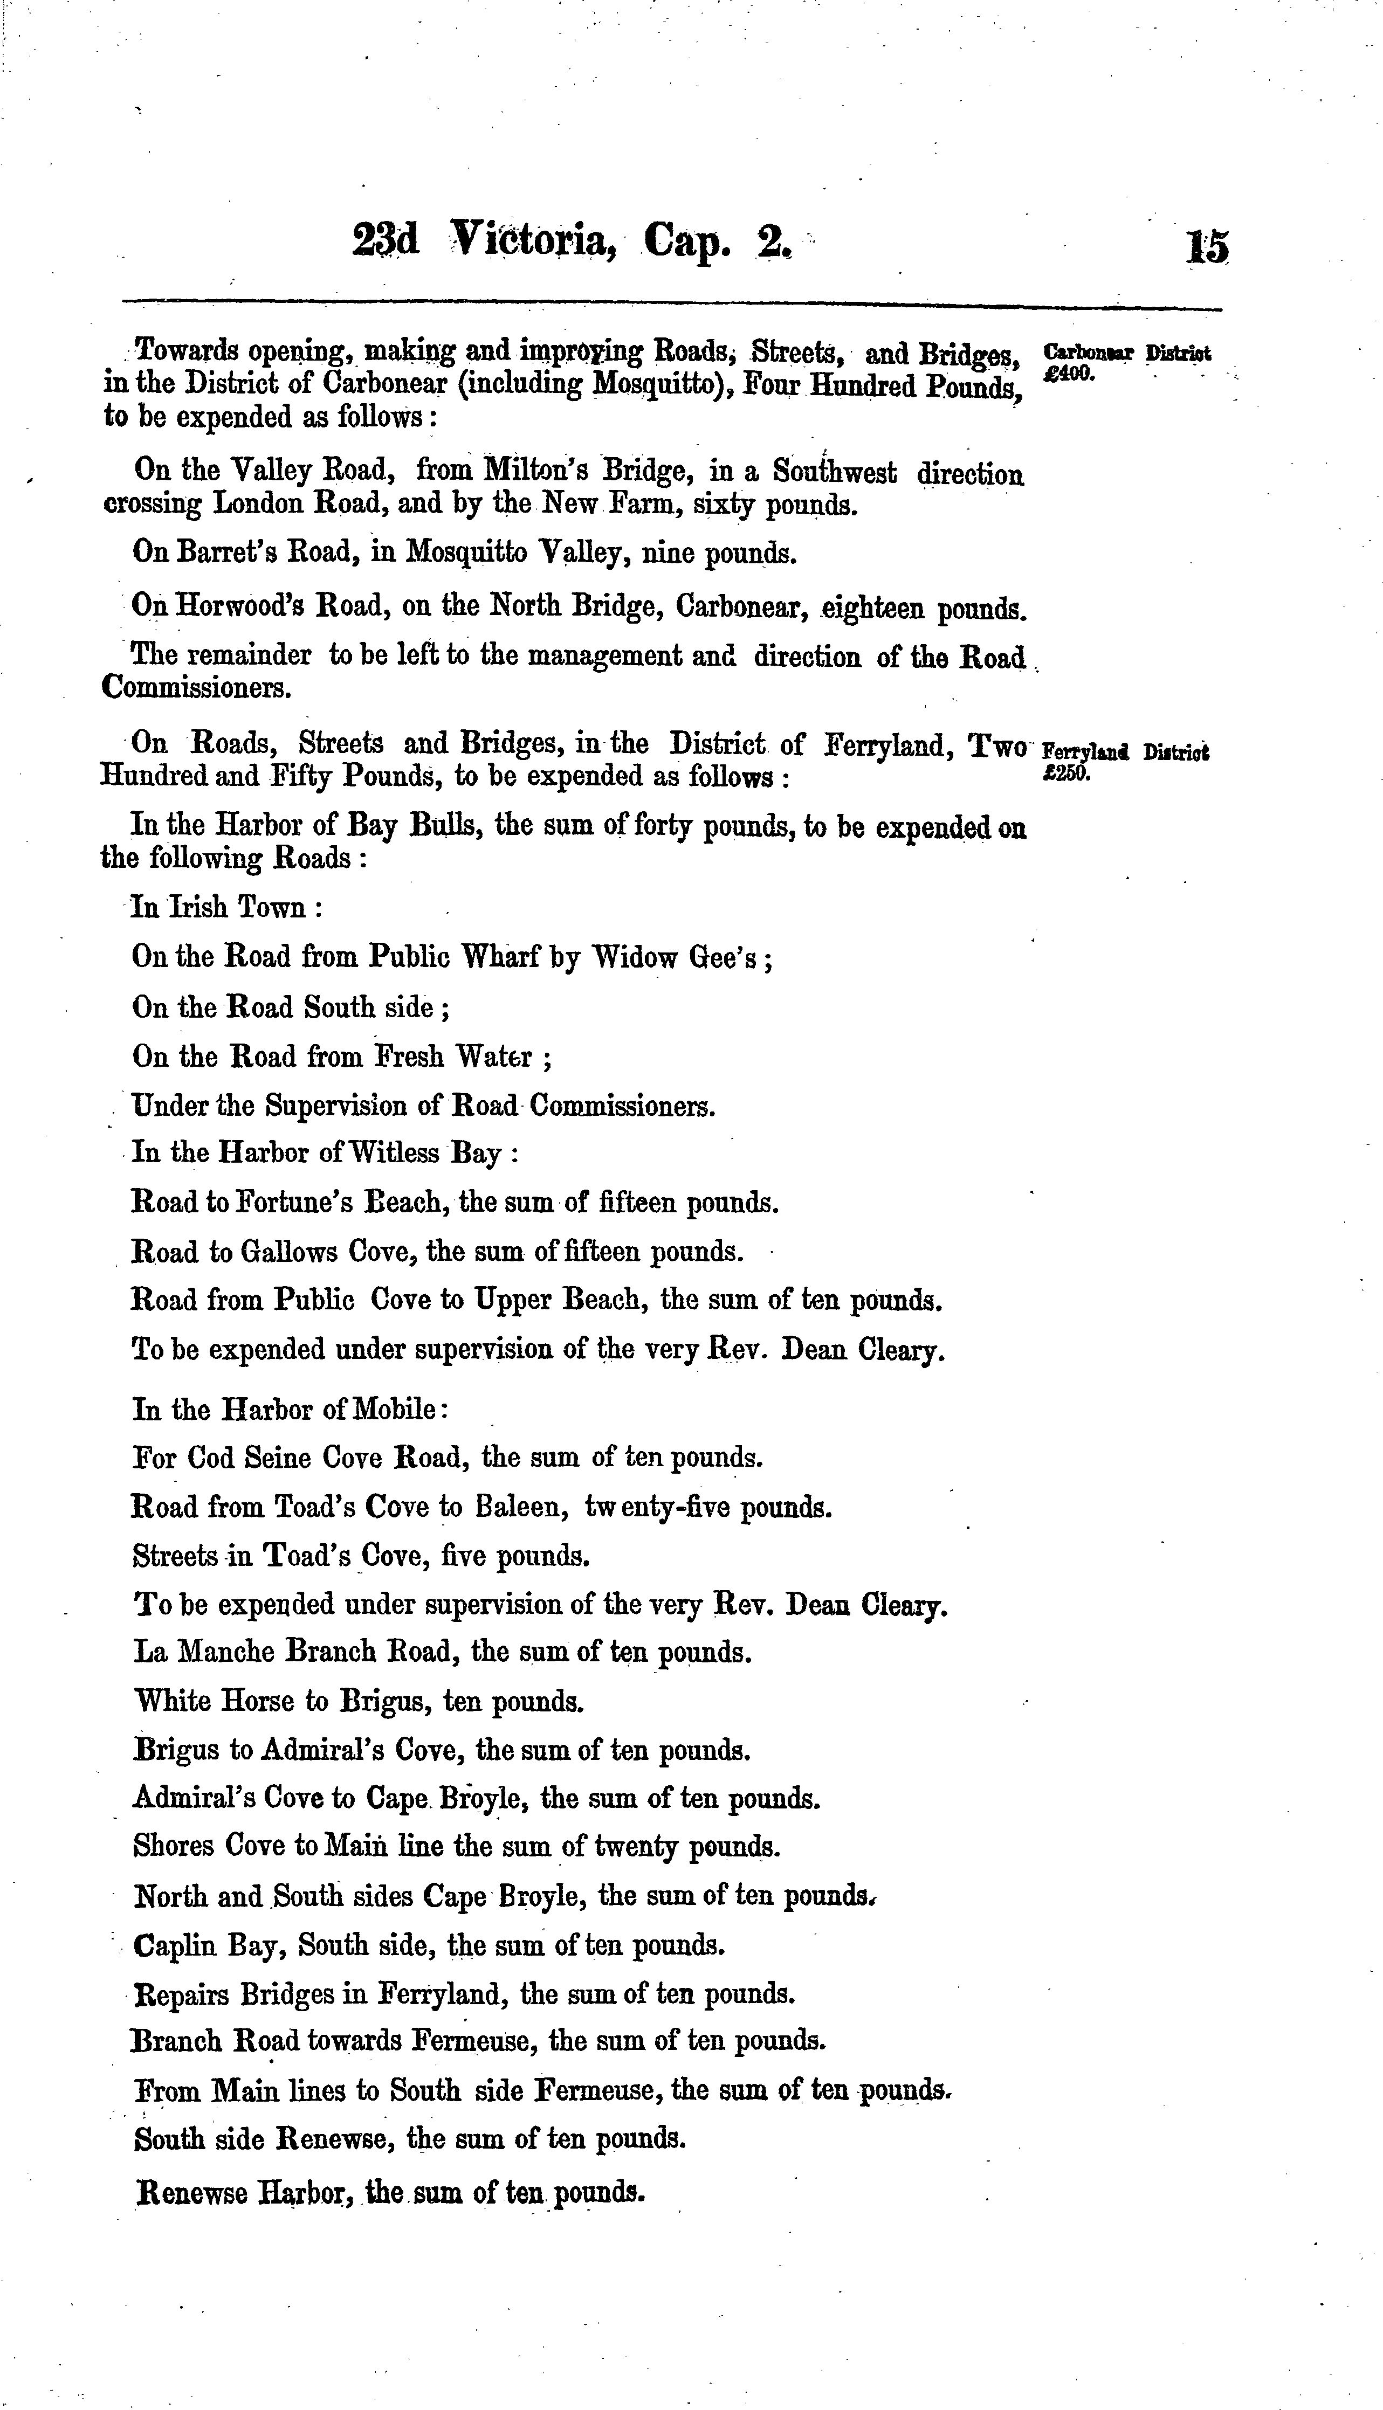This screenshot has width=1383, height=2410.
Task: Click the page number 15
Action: click(1206, 247)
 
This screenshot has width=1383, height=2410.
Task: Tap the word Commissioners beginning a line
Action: click(195, 687)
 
